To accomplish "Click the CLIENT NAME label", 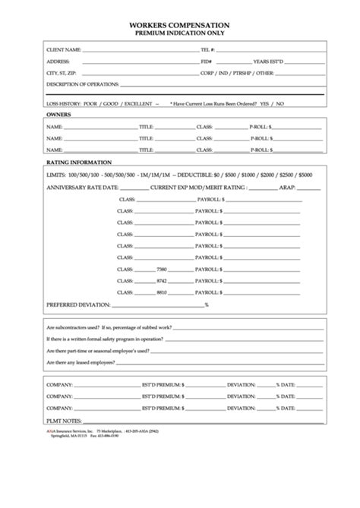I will point(64,49).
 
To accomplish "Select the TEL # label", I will point(207,49).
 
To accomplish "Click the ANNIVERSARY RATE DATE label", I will point(82,187).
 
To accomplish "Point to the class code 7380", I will point(161,270).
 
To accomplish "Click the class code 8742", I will point(161,281).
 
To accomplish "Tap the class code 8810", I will point(161,292).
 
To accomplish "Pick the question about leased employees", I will point(80,363).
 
